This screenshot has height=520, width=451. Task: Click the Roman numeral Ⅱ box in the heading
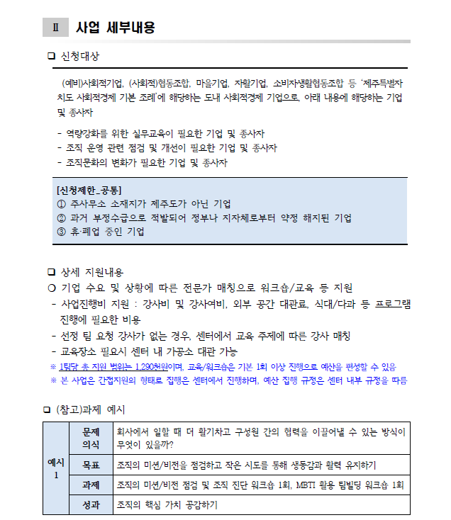55,28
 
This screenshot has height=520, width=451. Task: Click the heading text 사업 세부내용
116,28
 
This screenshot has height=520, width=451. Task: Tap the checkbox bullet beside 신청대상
50,56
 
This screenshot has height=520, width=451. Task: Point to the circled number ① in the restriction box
61,204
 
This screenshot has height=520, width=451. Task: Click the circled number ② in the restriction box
61,217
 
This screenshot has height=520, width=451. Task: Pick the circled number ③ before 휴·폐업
61,232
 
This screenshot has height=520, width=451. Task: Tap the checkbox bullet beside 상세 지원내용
50,272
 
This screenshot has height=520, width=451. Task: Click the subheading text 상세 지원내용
92,272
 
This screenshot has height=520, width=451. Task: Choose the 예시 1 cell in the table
55,468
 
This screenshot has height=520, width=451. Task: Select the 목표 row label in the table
91,465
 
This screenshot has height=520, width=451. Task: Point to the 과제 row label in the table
91,485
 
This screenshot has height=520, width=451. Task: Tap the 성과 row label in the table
91,505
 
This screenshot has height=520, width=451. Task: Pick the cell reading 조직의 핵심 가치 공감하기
167,505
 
